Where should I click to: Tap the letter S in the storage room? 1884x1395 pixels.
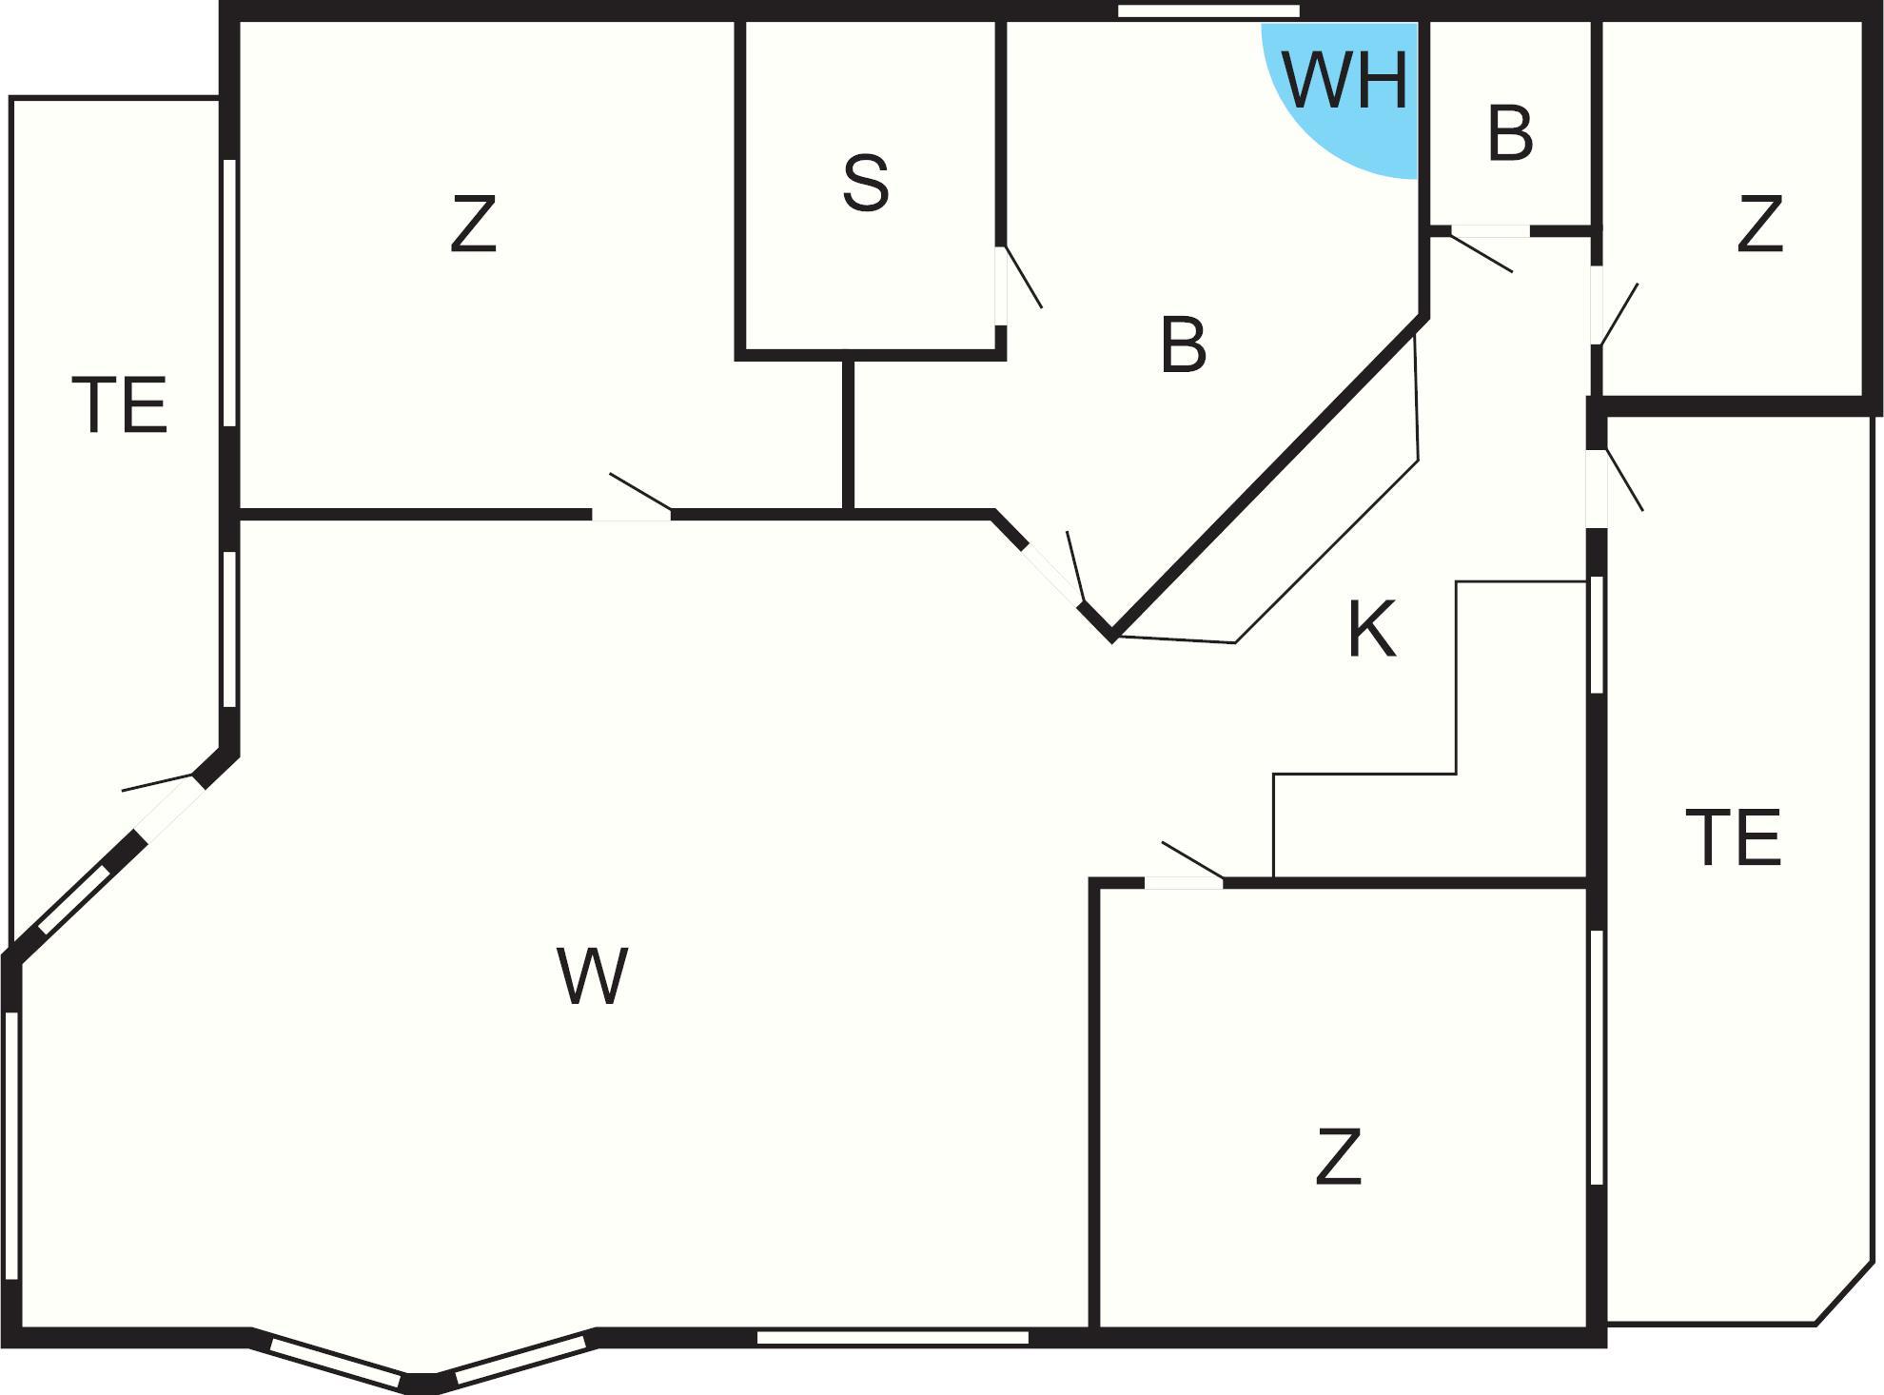tap(866, 183)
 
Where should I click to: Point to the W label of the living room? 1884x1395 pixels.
tap(592, 975)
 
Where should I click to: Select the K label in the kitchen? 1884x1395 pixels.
tap(1372, 629)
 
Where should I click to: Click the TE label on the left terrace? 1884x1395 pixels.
tap(120, 405)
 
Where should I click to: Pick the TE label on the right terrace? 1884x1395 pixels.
tap(1733, 837)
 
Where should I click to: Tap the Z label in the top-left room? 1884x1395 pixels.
tap(473, 225)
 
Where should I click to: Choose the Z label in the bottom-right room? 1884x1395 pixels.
tap(1338, 1156)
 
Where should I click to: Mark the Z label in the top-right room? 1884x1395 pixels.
tap(1759, 225)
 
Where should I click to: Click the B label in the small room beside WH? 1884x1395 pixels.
tap(1510, 134)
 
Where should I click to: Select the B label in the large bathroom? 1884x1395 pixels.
tap(1184, 345)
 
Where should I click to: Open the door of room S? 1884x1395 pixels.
tap(1018, 281)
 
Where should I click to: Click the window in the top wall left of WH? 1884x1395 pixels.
tap(1208, 11)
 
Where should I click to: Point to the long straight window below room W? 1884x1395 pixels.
tap(893, 1338)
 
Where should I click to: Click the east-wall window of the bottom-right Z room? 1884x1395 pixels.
tap(1598, 1057)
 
